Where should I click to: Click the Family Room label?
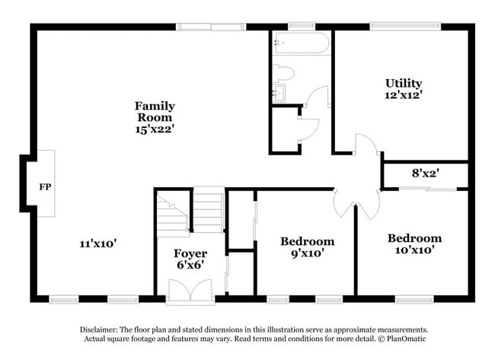pos(155,112)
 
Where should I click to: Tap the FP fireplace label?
pos(45,186)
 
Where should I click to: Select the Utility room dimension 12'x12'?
pos(404,95)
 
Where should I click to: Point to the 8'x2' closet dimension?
pos(426,173)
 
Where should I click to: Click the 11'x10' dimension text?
pos(98,244)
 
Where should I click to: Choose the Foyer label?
pos(190,253)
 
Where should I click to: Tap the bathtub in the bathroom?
pos(302,43)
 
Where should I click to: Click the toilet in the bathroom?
pos(283,73)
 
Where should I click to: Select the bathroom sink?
pos(279,93)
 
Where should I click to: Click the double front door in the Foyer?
pos(190,290)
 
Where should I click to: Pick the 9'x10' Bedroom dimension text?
pos(308,253)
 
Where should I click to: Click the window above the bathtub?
pos(302,26)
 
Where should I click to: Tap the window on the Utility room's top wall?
pos(405,26)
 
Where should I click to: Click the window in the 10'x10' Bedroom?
pos(414,299)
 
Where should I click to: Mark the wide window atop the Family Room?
pos(211,27)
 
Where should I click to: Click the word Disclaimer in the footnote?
pos(98,330)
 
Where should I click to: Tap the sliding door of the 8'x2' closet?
pos(428,189)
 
